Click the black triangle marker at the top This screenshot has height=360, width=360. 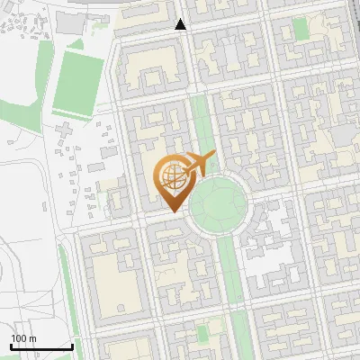click(181, 24)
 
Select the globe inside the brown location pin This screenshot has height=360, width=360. click(171, 175)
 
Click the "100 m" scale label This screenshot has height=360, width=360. click(24, 338)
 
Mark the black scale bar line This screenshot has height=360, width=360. click(41, 346)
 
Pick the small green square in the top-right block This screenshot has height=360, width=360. click(301, 30)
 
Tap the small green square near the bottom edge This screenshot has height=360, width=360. click(202, 334)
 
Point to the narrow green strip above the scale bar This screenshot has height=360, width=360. click(64, 288)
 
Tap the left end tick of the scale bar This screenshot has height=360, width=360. click(11, 346)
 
